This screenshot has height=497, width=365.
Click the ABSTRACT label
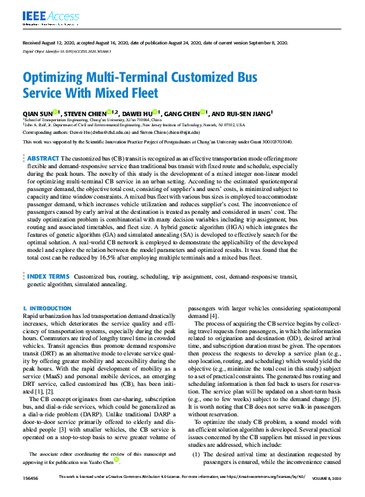point(44,157)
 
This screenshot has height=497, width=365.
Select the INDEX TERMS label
point(48,277)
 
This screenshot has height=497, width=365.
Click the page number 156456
point(32,493)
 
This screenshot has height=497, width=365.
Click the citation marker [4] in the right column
point(214,315)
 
